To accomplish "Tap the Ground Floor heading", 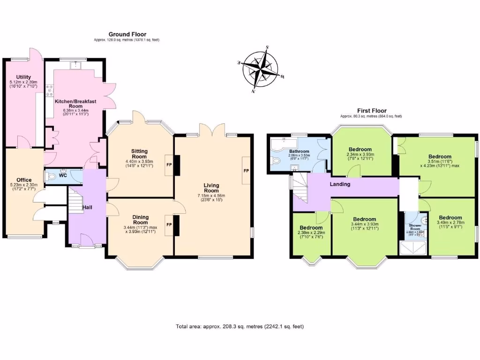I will point(127,34).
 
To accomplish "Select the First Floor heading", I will point(371,110).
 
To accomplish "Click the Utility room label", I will point(23,77).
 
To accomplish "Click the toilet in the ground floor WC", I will point(51,177).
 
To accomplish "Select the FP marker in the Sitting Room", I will point(169,165).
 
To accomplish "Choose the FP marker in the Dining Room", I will point(169,225).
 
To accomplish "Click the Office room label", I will point(24,180).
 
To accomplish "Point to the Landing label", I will point(340,184).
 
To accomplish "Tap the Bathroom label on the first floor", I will point(299,151).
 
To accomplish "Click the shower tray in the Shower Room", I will point(414,248).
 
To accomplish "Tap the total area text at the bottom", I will point(243,326).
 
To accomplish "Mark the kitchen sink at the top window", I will point(75,66).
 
